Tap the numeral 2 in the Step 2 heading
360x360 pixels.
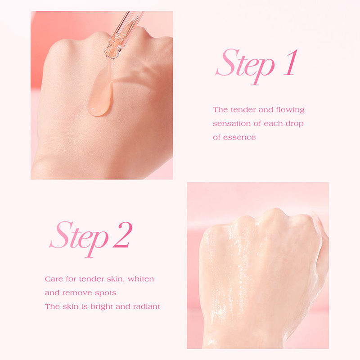(123, 234)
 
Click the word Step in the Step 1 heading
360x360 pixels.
(245, 67)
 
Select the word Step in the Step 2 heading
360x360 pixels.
(79, 239)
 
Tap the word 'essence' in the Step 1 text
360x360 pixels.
(239, 138)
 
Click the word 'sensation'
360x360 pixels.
(232, 124)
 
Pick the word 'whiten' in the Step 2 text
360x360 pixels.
(141, 279)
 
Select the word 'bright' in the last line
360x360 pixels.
(102, 307)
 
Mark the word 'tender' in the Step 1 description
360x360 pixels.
(243, 110)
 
